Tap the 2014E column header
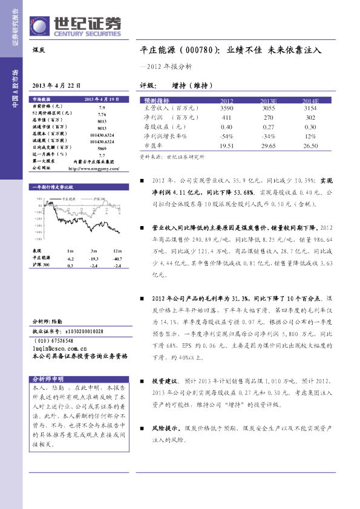click(310, 100)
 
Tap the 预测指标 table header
click(157, 100)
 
